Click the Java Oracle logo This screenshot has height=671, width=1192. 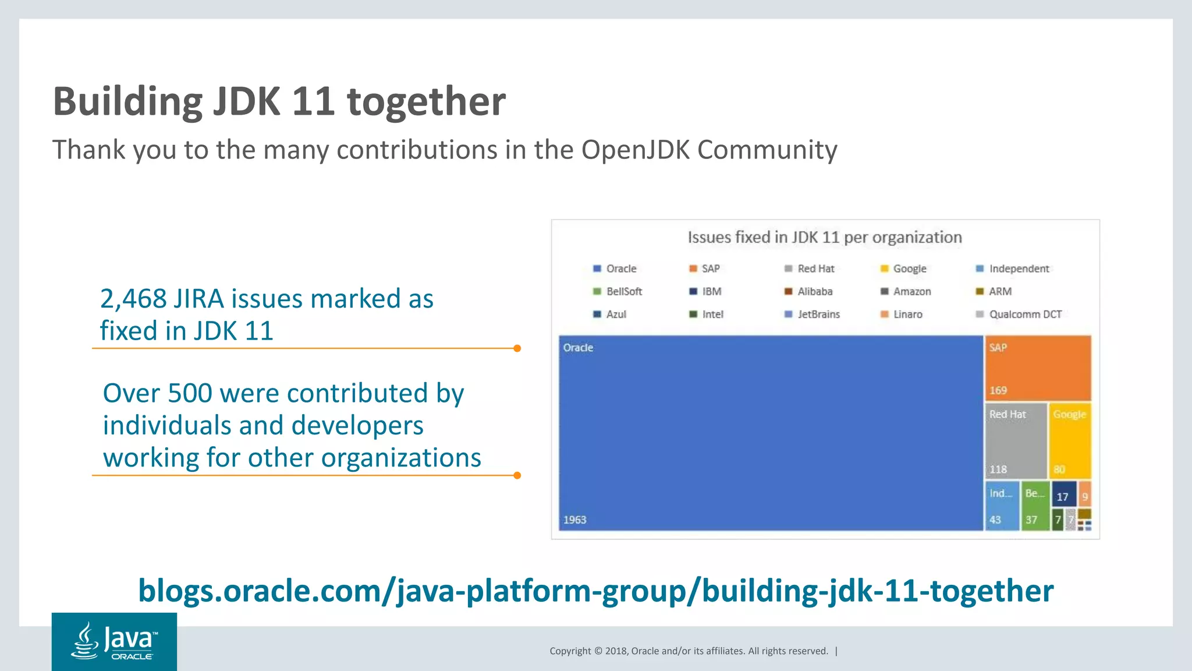click(x=114, y=641)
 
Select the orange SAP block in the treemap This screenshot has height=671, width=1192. click(x=1038, y=368)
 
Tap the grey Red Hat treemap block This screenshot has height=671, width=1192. click(x=1016, y=441)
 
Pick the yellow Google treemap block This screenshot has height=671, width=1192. click(x=1070, y=441)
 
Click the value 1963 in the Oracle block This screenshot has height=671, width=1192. click(x=574, y=520)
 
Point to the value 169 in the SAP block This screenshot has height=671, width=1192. click(x=998, y=390)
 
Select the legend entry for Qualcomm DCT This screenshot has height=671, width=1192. click(x=1019, y=315)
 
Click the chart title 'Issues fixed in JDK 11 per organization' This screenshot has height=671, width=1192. click(x=825, y=238)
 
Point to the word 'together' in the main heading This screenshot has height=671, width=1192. click(x=426, y=101)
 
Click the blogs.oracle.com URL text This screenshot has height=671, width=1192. click(x=595, y=591)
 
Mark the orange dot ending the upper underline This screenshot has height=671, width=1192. click(x=517, y=348)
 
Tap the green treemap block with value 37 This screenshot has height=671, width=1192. click(x=1034, y=506)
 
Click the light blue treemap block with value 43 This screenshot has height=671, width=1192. click(x=1002, y=506)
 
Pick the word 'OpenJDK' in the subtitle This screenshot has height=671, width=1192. click(x=635, y=150)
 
